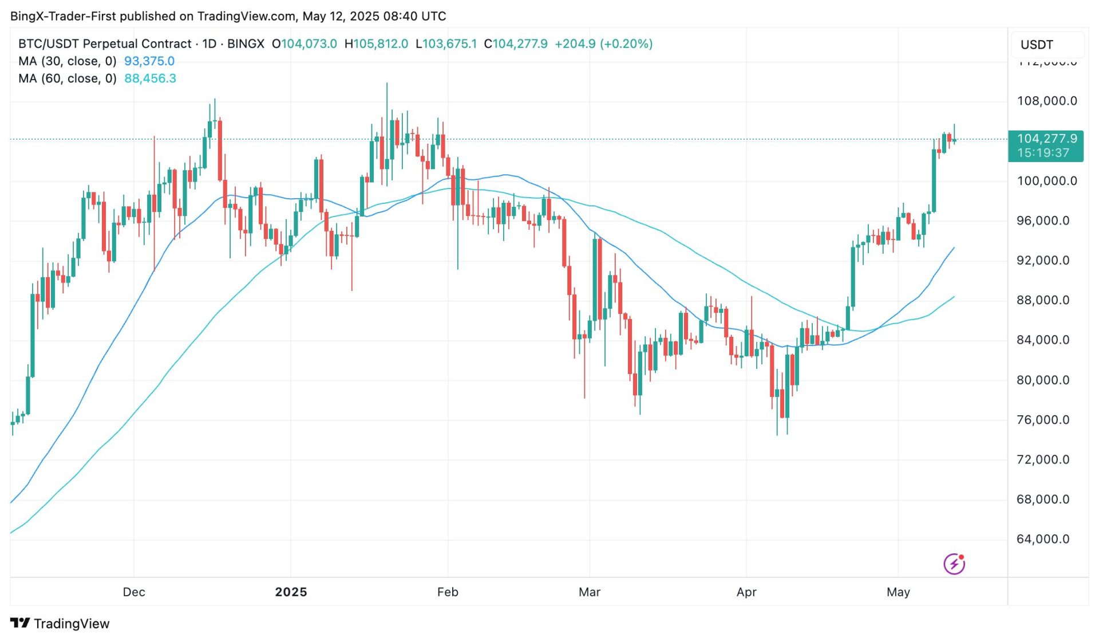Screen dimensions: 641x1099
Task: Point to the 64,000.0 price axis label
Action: (1042, 539)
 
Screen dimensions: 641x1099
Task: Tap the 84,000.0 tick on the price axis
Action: (1042, 340)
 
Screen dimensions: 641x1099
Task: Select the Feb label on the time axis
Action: (448, 592)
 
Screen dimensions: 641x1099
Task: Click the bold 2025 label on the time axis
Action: (291, 592)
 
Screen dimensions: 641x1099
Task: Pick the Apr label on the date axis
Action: (746, 592)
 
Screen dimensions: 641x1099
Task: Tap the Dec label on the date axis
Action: (134, 592)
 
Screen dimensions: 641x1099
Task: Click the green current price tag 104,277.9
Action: (1046, 139)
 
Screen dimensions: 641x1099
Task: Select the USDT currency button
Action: (1037, 45)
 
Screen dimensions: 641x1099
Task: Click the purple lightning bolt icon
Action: (954, 564)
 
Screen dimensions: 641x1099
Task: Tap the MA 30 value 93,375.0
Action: (149, 61)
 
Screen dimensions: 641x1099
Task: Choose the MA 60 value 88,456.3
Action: (150, 78)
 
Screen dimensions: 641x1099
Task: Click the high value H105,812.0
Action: (377, 44)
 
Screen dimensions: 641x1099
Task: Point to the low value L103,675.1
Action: (446, 44)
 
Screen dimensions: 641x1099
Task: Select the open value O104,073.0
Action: (305, 44)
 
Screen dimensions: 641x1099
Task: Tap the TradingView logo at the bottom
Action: (60, 623)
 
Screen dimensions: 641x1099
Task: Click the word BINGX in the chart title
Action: (246, 44)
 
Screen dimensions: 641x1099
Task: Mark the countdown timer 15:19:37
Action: (1043, 153)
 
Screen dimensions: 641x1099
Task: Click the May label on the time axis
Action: (898, 592)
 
